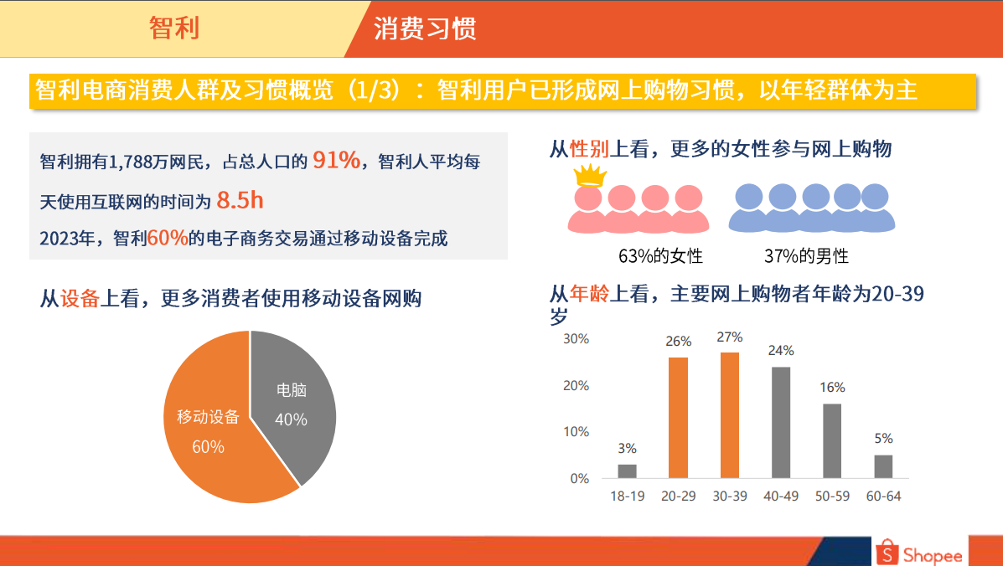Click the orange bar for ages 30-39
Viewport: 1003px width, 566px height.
pos(730,415)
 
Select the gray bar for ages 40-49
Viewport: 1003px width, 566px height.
pos(781,422)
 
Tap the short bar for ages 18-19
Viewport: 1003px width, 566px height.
pos(627,471)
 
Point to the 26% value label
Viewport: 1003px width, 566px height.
pos(678,342)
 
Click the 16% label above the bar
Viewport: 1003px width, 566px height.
pos(832,387)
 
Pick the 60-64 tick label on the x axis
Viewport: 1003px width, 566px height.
pos(883,497)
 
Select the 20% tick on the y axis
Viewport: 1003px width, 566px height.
pos(576,386)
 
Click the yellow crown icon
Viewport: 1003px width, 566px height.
pos(590,175)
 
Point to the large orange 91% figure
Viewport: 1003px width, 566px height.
pos(337,160)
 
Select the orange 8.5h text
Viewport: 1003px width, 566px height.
pos(240,201)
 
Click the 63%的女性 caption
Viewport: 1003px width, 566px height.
pos(660,256)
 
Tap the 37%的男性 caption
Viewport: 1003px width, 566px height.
pos(806,256)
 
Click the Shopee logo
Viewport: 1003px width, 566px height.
pos(918,553)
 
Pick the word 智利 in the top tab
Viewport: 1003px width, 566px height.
pos(174,28)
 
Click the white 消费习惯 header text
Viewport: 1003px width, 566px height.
pos(425,29)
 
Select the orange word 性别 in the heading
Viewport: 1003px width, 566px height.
pos(589,149)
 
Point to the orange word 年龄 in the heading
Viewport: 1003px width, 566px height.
pos(589,294)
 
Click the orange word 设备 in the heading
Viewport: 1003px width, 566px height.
pos(80,298)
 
